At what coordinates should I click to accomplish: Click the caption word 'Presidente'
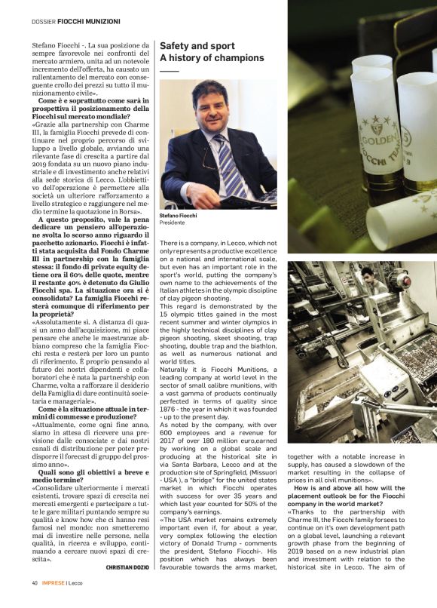173,223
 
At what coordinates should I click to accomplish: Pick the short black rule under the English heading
169,70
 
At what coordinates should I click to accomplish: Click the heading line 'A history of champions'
212,58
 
